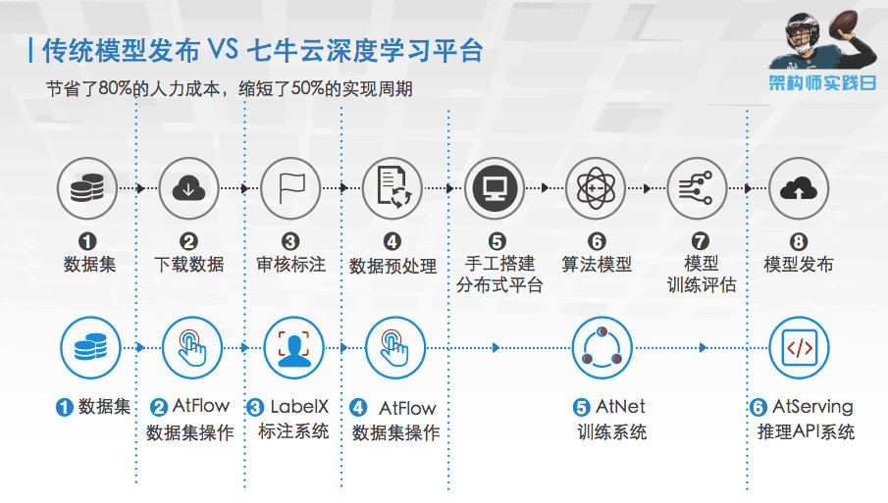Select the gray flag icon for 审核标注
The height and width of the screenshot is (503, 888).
291,187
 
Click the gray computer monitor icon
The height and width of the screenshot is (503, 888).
496,187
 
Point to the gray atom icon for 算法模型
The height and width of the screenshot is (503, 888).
598,187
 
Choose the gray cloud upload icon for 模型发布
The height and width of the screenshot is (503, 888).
799,187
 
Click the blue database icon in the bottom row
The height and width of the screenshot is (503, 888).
89,346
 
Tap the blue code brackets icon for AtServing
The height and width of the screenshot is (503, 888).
800,346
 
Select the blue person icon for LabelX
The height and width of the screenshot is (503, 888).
293,346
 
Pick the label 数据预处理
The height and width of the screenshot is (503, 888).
392,266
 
